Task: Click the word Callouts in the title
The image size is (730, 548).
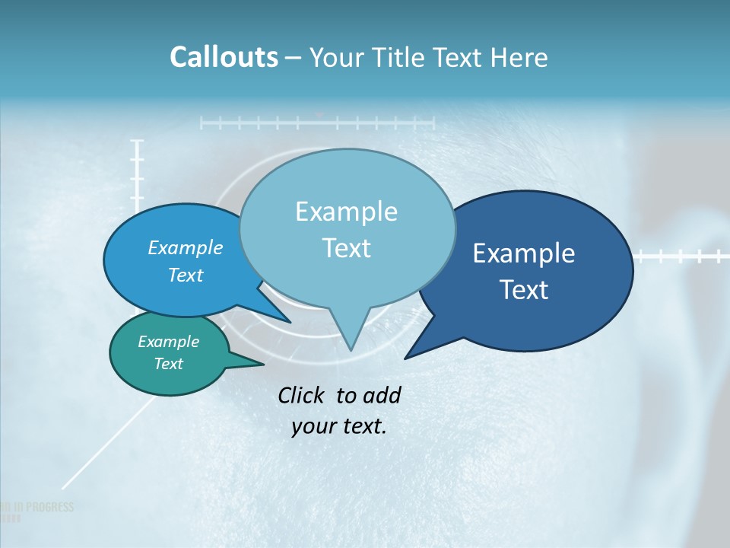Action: [224, 58]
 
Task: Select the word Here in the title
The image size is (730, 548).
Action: [521, 58]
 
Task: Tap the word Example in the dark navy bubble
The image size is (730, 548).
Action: [524, 253]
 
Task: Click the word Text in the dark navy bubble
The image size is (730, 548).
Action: [524, 290]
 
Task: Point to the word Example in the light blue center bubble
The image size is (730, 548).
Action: [346, 211]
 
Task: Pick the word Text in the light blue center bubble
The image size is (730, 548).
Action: [346, 248]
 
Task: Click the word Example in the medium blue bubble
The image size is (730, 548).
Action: [186, 248]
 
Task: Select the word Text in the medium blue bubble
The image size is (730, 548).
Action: [186, 276]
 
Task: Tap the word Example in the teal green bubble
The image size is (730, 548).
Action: [169, 342]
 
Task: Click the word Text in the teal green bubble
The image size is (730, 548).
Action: [169, 364]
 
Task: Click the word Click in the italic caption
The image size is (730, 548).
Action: [302, 396]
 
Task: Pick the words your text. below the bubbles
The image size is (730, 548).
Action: [339, 426]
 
